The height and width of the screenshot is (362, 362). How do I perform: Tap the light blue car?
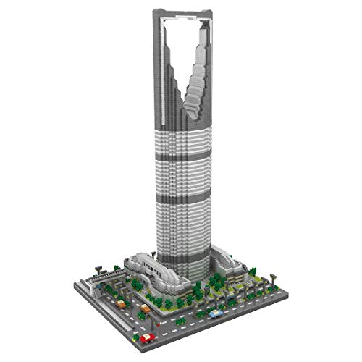[x=215, y=313]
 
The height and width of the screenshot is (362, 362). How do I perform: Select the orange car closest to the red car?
[x=144, y=310]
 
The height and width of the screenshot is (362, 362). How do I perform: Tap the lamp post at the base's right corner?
[x=274, y=277]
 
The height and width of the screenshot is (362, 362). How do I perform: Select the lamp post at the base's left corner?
[x=98, y=271]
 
